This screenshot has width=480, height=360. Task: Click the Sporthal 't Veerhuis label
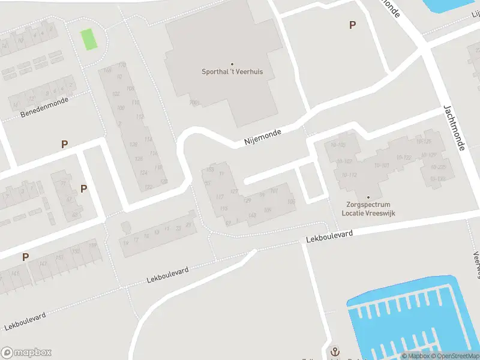[232, 71]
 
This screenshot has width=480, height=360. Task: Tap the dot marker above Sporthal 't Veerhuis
[232, 64]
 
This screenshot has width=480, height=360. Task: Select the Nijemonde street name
[263, 138]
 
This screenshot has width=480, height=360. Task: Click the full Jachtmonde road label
[454, 127]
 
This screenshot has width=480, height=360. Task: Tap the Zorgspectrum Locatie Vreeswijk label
[368, 209]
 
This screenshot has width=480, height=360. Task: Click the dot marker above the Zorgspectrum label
[368, 197]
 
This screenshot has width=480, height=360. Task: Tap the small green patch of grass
[89, 39]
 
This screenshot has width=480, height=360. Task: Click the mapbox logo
[26, 353]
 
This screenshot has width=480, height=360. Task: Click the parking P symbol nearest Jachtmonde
[352, 25]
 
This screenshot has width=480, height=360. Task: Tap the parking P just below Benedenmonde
[64, 144]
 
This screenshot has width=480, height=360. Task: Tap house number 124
[143, 173]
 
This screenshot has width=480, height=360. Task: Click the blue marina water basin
[414, 318]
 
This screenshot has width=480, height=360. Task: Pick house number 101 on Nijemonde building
[274, 191]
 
